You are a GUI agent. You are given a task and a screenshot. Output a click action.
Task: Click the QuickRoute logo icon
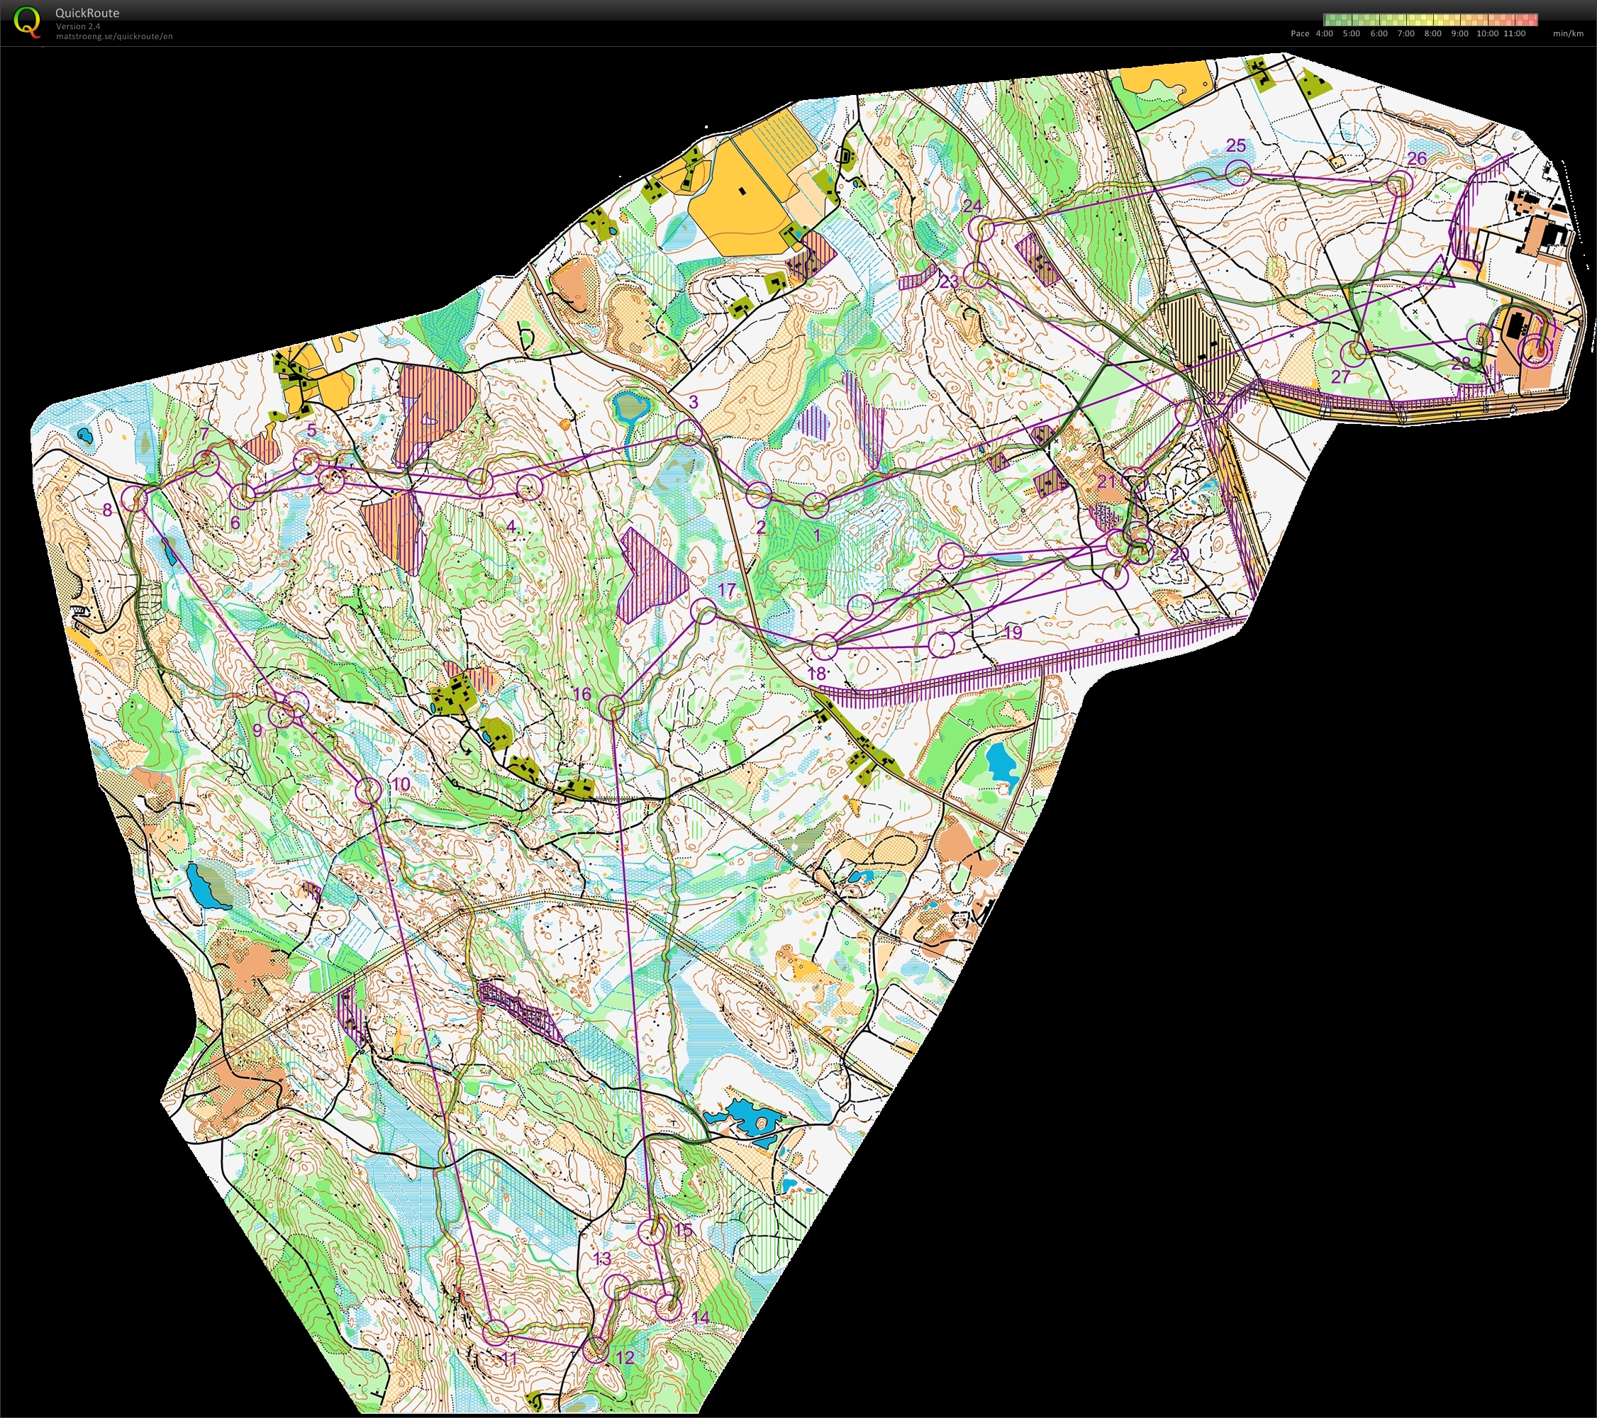click(28, 21)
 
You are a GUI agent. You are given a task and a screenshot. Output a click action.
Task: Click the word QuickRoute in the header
click(87, 13)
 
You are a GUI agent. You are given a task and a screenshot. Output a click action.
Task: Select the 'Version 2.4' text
click(77, 26)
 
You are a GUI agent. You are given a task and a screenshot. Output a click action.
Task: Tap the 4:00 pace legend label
click(1324, 33)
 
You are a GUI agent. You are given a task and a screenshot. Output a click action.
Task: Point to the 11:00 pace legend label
click(1514, 33)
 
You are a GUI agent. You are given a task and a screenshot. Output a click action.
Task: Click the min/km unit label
click(1568, 33)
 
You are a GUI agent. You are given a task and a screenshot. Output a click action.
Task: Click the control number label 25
click(1236, 145)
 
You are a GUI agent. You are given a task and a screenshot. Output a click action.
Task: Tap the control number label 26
click(1416, 159)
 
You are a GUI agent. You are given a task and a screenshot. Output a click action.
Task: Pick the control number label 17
click(727, 590)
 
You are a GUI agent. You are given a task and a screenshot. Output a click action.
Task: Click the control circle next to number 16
click(612, 708)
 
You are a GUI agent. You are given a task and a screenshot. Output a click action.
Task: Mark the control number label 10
click(401, 784)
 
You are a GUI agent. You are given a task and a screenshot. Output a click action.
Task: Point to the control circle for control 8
click(135, 498)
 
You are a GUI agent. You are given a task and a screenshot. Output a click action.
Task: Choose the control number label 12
click(625, 1357)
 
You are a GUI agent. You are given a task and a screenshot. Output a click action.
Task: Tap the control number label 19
click(1013, 632)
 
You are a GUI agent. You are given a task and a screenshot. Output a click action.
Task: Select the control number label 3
click(694, 402)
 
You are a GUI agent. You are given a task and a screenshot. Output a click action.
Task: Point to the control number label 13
click(602, 1258)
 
